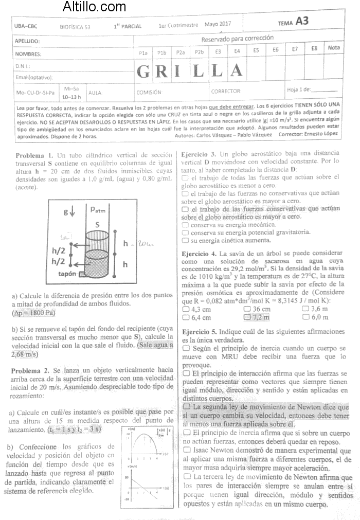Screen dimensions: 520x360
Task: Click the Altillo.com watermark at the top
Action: (x=94, y=7)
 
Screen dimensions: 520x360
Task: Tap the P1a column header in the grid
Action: (x=143, y=52)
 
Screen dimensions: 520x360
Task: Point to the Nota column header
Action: (x=334, y=48)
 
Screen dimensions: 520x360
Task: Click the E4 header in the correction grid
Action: (x=237, y=51)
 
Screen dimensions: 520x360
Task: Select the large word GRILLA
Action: (x=190, y=70)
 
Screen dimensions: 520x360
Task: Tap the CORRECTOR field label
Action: (x=226, y=91)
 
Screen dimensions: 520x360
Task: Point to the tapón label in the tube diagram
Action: (x=68, y=274)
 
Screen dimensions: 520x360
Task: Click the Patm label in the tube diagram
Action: (x=98, y=209)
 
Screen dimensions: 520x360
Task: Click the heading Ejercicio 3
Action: (x=199, y=154)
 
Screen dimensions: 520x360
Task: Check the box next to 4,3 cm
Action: (x=186, y=309)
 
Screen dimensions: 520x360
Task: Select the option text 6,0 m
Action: (x=320, y=317)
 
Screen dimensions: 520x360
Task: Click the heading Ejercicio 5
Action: (x=200, y=332)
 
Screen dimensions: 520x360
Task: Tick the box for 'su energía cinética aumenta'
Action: (x=185, y=240)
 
